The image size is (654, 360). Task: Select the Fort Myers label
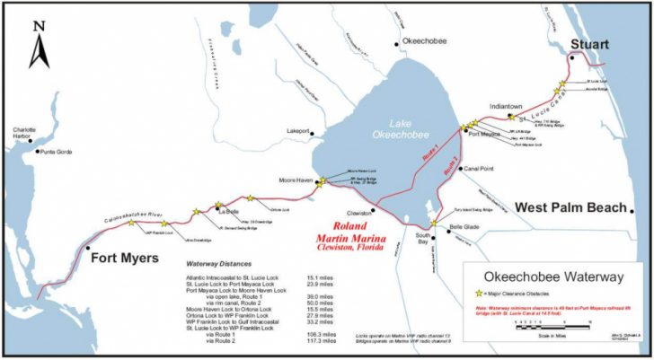click(125, 259)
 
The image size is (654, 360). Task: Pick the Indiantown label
click(506, 106)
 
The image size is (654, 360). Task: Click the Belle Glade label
click(464, 227)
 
